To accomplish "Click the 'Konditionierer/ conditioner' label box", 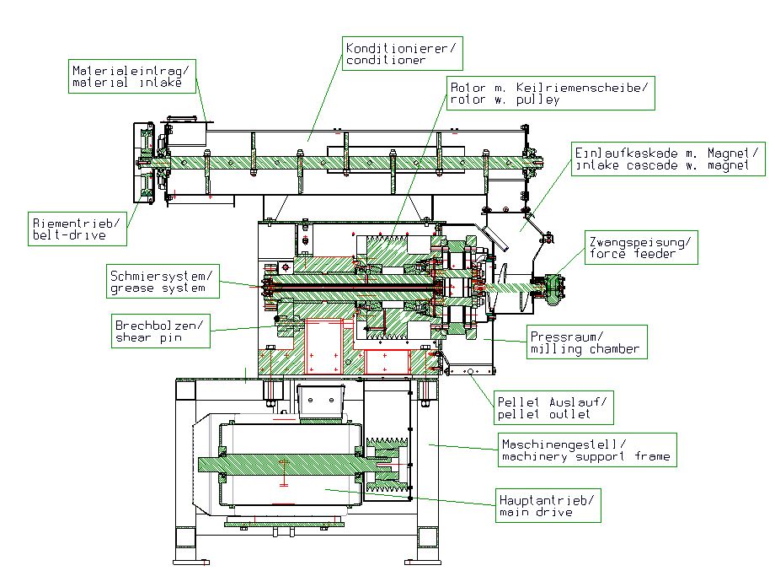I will (402, 54).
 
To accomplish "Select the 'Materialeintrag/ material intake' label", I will (131, 76).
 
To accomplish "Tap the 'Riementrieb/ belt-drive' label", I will (77, 229).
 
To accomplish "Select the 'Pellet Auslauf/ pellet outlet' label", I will (553, 408).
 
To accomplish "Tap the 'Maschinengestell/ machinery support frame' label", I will (585, 450).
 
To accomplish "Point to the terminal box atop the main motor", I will (321, 400).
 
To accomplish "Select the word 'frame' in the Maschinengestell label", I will (653, 457).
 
